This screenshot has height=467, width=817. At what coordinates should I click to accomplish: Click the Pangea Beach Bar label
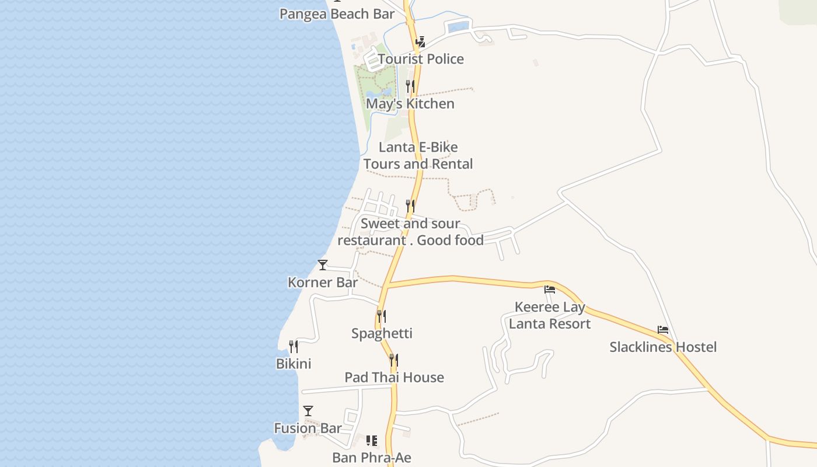(x=337, y=14)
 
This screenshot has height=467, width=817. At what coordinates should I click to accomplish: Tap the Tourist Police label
(x=420, y=59)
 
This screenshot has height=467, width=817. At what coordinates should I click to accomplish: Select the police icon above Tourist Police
(x=420, y=42)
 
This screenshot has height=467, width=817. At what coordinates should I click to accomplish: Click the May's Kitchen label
(x=410, y=104)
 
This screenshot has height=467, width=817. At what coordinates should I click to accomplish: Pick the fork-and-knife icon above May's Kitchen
(x=410, y=86)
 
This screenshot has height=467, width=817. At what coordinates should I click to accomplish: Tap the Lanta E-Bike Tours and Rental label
(x=418, y=156)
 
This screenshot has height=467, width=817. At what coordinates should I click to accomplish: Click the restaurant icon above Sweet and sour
(x=410, y=206)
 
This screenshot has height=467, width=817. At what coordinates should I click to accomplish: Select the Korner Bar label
(x=323, y=283)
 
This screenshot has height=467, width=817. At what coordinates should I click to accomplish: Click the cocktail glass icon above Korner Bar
(x=323, y=265)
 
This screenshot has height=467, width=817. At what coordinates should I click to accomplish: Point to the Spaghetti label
(x=382, y=333)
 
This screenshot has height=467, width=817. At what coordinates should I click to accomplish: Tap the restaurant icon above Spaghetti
(x=382, y=316)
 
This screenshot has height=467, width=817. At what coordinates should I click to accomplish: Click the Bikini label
(x=294, y=364)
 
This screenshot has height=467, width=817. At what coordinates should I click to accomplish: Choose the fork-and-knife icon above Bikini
(x=294, y=347)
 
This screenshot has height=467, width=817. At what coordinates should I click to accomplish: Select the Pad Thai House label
(x=394, y=378)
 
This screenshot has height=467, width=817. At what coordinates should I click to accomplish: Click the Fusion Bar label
(x=308, y=428)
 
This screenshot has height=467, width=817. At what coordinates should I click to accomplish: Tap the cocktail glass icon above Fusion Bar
(x=308, y=411)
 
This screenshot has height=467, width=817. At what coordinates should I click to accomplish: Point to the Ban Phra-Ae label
(x=372, y=458)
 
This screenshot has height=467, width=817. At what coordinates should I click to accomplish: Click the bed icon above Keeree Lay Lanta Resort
(x=550, y=290)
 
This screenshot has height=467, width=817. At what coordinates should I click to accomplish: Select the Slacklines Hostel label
(x=663, y=347)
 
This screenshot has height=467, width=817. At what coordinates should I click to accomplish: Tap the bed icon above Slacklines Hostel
(x=663, y=330)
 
